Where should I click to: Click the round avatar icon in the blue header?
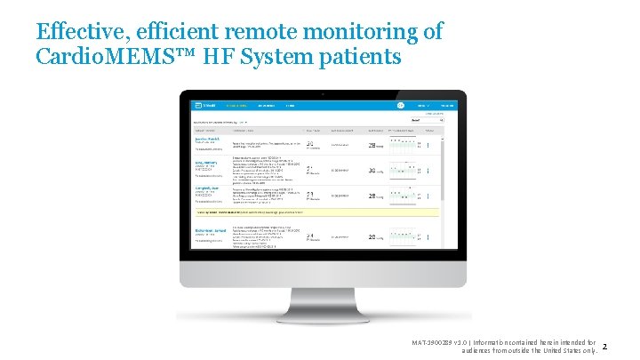(401, 105)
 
